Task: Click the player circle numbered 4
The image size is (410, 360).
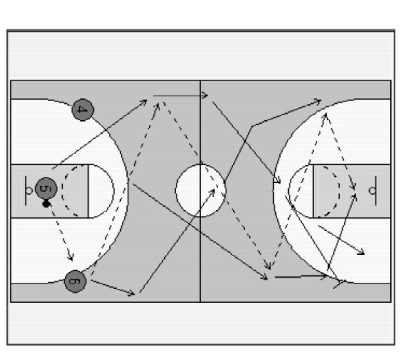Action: click(83, 110)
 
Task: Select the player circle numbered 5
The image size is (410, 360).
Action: click(46, 188)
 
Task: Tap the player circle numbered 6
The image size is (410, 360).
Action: click(75, 281)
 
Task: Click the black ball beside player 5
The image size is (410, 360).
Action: click(46, 204)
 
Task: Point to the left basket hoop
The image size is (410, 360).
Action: click(29, 191)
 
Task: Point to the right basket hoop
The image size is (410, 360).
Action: click(372, 191)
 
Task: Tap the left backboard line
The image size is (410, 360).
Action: click(26, 191)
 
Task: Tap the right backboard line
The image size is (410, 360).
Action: click(376, 191)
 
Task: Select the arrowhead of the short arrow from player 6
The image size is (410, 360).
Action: click(133, 293)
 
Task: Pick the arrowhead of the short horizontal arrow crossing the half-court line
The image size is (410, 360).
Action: click(206, 96)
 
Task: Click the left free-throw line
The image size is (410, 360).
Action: click(88, 191)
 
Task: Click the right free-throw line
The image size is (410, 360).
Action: click(313, 191)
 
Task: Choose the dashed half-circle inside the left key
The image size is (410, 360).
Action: click(63, 191)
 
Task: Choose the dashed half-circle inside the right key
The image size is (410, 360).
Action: click(339, 191)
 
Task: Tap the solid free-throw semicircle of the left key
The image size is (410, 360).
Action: click(114, 191)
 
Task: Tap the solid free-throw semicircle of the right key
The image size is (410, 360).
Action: click(289, 191)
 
